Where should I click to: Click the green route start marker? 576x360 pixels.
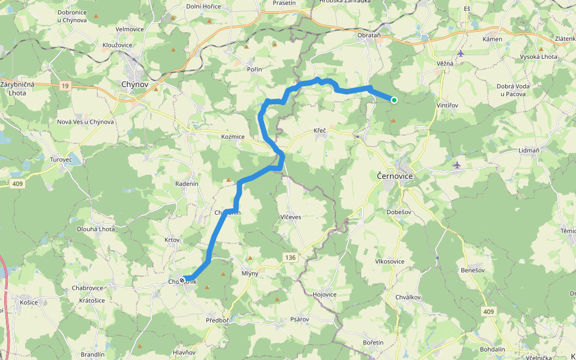coord(394,100)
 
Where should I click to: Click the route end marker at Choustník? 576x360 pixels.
coord(182,279)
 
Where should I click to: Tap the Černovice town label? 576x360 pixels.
coord(395,176)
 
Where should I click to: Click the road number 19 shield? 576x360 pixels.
coord(64,86)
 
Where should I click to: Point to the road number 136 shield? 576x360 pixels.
coord(290,257)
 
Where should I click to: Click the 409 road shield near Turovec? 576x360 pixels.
coord(16,184)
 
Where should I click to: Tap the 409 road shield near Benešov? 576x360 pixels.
coord(488,311)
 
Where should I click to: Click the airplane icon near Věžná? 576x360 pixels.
coord(461,53)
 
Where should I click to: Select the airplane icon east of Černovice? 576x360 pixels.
coord(457,164)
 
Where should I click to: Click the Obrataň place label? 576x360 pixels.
coord(369,35)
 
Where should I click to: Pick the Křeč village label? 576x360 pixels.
coord(319,130)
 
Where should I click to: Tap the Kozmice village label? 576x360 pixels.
coord(233,137)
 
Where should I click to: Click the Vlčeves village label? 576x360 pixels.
coord(290,217)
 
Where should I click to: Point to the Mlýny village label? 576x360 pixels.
coord(250,274)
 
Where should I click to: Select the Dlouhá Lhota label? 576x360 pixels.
coord(95,229)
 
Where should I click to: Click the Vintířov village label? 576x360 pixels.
coord(447,105)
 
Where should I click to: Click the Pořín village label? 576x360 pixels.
coord(255,70)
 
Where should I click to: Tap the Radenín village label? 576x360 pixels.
coord(187,184)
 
